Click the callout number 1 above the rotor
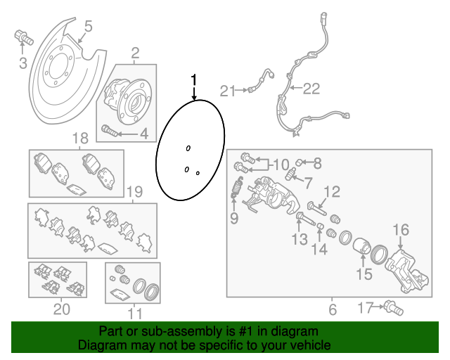(195, 79)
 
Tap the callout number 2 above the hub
(134, 52)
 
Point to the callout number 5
(88, 28)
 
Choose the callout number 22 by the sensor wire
(311, 89)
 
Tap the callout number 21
(226, 90)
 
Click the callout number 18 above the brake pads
(79, 139)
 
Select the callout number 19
(134, 191)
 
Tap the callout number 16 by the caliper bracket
(400, 229)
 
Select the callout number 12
(331, 191)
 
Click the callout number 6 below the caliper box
(333, 308)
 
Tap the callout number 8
(317, 164)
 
